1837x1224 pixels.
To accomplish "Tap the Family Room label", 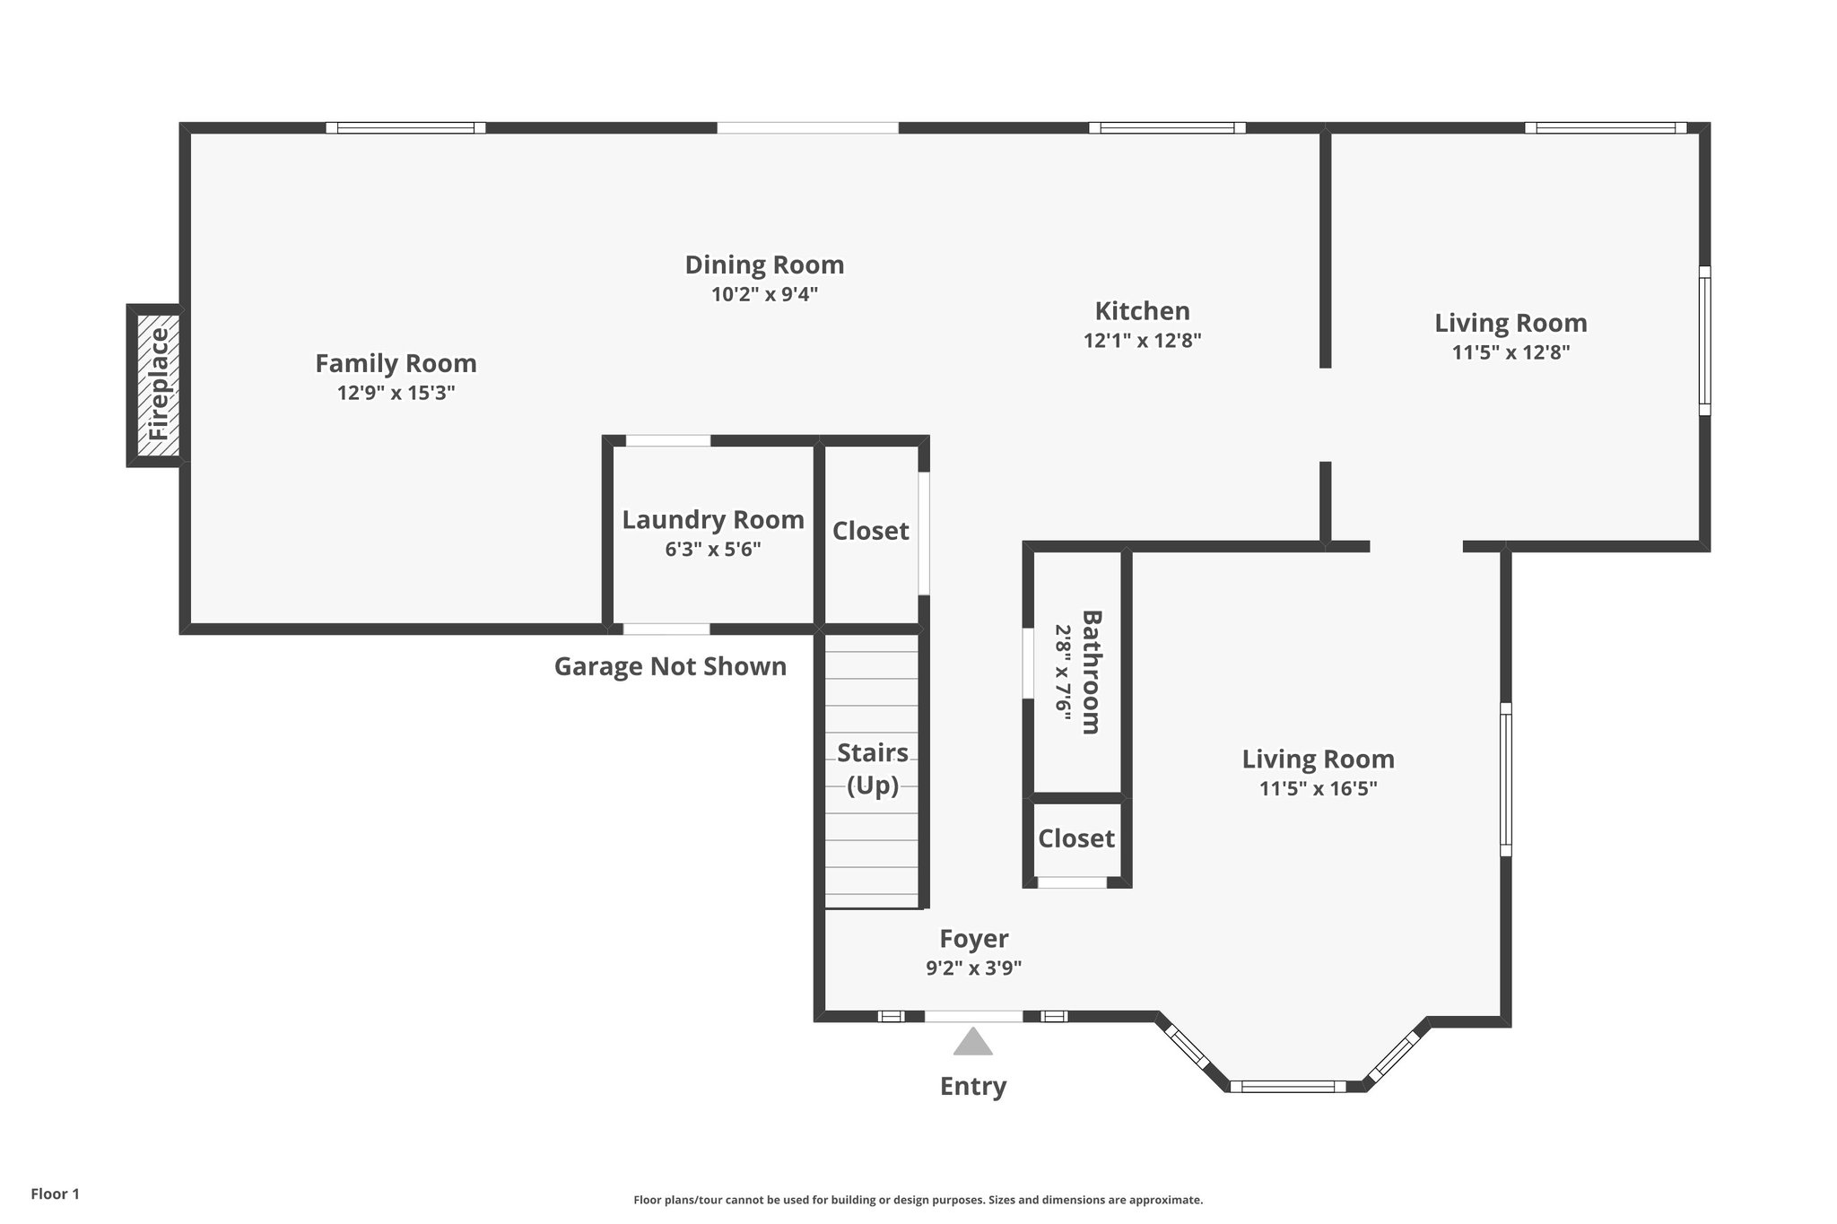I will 396,363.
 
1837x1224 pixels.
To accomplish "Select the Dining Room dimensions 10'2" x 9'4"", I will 764,294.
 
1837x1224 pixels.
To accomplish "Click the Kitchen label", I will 1142,311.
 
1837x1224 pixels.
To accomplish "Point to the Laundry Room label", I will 712,520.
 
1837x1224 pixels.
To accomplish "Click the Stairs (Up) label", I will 872,768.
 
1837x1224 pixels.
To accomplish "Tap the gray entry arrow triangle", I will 972,1043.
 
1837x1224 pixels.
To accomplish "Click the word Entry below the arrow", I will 972,1087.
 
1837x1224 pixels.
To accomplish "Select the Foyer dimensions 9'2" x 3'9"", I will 973,968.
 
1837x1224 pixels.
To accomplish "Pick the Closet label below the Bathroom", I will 1075,838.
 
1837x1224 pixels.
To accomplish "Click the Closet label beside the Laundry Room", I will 870,531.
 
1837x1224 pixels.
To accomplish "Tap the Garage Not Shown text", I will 670,666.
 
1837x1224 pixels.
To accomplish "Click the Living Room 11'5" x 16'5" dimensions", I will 1318,789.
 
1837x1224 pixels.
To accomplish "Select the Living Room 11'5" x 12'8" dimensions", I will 1511,352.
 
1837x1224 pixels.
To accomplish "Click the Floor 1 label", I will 55,1194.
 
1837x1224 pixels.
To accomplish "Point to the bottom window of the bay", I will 1287,1087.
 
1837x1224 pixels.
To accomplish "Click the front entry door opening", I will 972,1016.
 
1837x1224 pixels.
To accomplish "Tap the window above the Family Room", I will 405,128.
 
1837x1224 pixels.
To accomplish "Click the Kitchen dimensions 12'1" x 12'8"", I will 1142,341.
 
